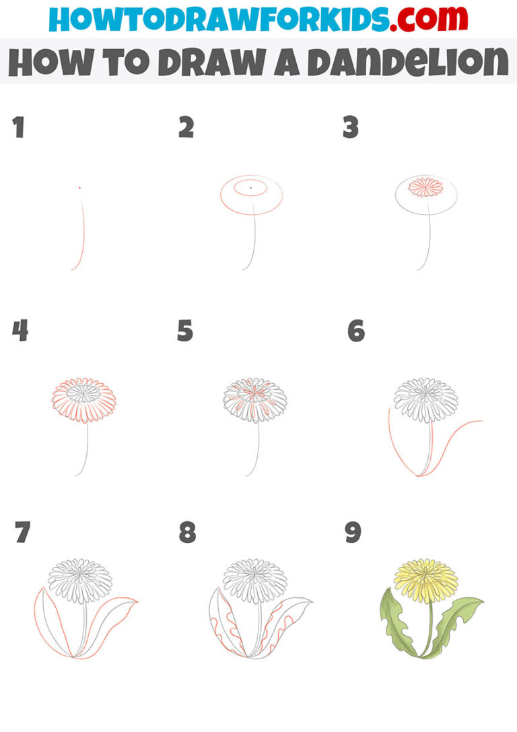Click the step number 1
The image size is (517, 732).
[x=19, y=127]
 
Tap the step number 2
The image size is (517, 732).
[x=186, y=127]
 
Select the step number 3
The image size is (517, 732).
[x=350, y=127]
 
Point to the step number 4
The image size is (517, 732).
[x=20, y=331]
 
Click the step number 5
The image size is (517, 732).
[x=186, y=331]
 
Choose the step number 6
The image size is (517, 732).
[x=356, y=331]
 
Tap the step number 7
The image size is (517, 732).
[x=22, y=533]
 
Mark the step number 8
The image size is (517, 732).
[x=187, y=533]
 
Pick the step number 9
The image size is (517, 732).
[x=353, y=533]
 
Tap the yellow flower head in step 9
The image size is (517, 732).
[x=425, y=580]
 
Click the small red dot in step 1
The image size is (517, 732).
[x=79, y=187]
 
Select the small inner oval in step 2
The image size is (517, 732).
[x=250, y=188]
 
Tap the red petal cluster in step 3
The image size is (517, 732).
[x=426, y=187]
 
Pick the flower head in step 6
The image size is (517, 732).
[x=425, y=400]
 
